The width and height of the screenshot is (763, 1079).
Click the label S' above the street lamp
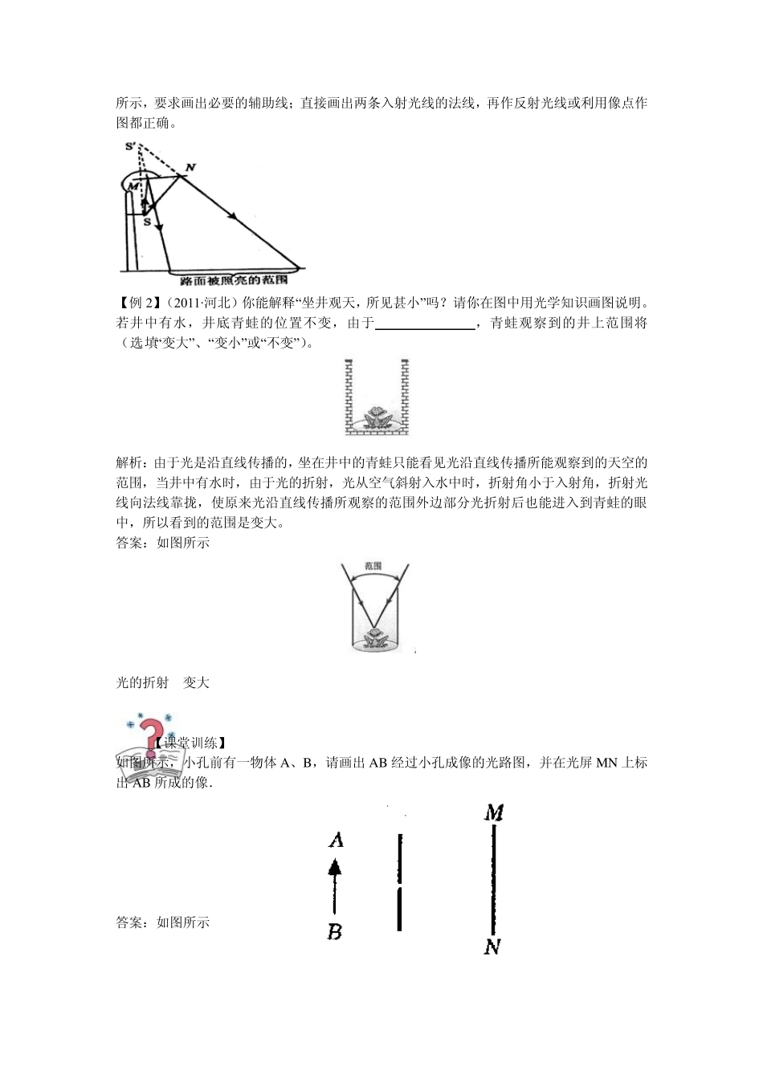click(131, 145)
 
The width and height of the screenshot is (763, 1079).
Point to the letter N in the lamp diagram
click(190, 167)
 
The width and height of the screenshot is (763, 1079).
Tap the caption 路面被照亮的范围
click(234, 281)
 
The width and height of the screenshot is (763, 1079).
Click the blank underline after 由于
click(425, 324)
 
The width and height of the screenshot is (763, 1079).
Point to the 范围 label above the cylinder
click(373, 565)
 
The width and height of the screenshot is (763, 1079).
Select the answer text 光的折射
click(142, 682)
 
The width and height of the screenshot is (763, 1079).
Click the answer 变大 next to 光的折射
click(196, 682)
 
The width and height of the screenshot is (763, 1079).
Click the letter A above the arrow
click(336, 841)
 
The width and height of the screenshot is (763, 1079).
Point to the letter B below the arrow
click(335, 932)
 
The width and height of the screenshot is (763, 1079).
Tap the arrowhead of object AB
click(335, 867)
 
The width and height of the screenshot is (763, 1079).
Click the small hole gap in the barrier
click(399, 884)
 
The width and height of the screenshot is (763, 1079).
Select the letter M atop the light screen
click(494, 812)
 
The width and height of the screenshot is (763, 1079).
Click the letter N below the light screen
click(492, 947)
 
